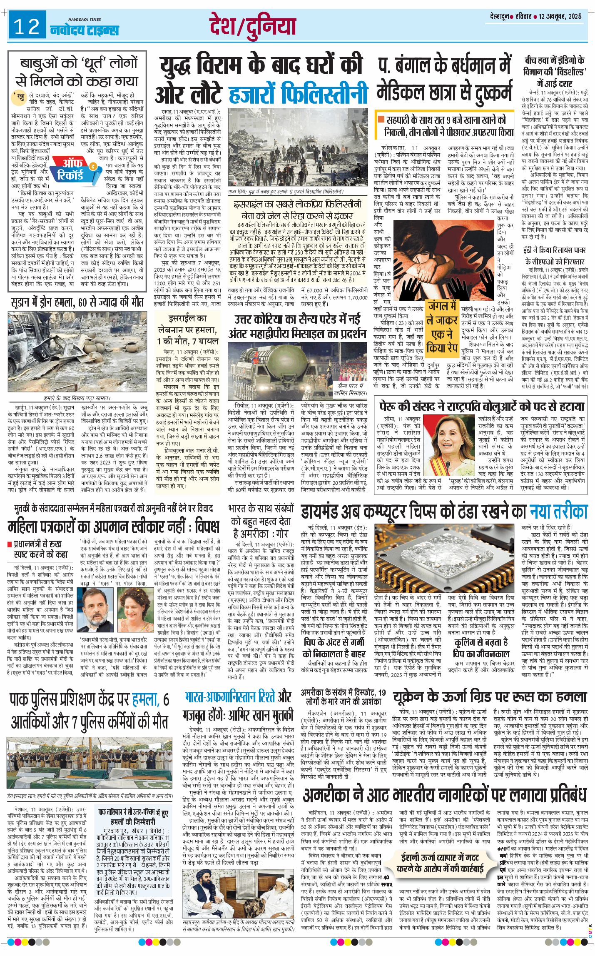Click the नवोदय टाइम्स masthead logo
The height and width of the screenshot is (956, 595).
pos(85,29)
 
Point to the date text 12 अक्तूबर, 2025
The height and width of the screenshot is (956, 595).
pos(560,16)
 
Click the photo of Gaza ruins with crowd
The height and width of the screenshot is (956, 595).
pos(297,148)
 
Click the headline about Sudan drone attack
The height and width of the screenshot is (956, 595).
pos(77,302)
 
